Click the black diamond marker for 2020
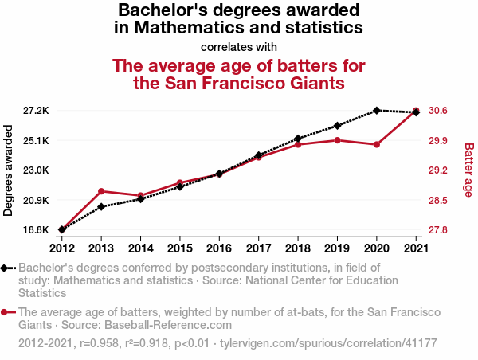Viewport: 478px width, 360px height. (x=376, y=110)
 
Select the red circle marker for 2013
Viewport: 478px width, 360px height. (x=101, y=191)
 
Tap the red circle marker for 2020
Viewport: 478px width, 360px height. (x=376, y=144)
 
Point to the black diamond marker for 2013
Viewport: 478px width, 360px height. (x=101, y=207)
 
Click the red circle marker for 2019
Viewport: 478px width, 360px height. (x=337, y=140)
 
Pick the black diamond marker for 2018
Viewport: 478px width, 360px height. (x=298, y=139)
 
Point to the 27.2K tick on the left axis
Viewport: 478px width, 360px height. (x=37, y=110)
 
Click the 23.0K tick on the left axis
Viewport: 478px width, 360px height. (x=37, y=170)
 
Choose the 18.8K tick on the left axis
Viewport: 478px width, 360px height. (x=37, y=230)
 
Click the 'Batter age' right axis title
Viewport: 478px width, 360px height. (x=468, y=170)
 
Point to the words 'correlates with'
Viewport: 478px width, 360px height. (x=239, y=46)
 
